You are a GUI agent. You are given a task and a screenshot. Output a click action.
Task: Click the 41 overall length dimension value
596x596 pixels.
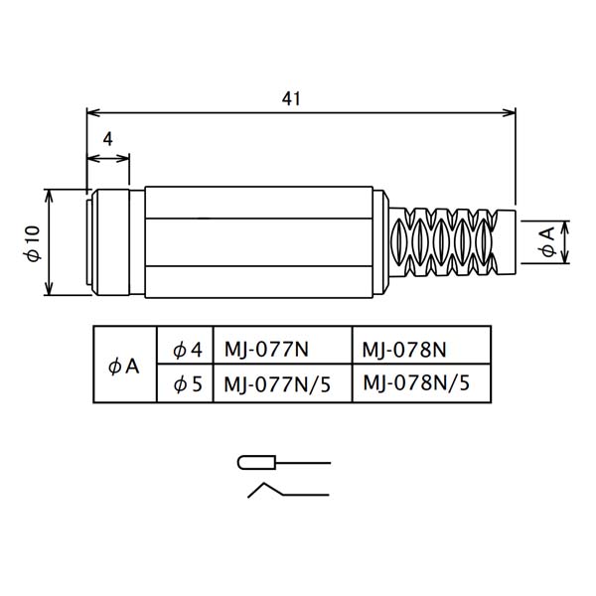pyautogui.click(x=291, y=98)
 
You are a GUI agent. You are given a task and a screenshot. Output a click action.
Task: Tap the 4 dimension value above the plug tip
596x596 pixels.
pyautogui.click(x=108, y=139)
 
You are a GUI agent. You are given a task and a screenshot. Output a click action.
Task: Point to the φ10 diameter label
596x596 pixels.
pyautogui.click(x=34, y=243)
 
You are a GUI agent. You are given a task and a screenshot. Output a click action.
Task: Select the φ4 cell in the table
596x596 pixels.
pyautogui.click(x=185, y=345)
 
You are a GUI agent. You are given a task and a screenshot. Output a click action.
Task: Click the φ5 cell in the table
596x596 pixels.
pyautogui.click(x=185, y=383)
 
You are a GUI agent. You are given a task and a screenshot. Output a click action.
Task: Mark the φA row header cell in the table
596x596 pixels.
pyautogui.click(x=125, y=365)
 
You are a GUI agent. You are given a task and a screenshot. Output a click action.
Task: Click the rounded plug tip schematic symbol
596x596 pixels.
pyautogui.click(x=256, y=462)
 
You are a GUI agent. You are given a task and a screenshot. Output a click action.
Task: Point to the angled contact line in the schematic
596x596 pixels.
pyautogui.click(x=288, y=491)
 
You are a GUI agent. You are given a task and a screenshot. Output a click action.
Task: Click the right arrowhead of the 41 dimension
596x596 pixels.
pyautogui.click(x=509, y=112)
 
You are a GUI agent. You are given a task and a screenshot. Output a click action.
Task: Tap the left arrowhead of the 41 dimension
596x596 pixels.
pyautogui.click(x=94, y=112)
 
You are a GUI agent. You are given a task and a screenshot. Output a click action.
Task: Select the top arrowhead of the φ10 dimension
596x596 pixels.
pyautogui.click(x=49, y=196)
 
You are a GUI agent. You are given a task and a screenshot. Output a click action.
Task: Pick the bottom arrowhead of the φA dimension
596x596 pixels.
pyautogui.click(x=565, y=256)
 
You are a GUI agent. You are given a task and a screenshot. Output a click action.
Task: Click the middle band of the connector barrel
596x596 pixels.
pyautogui.click(x=259, y=242)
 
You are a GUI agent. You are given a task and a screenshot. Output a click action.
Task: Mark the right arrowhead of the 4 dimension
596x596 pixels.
pyautogui.click(x=122, y=158)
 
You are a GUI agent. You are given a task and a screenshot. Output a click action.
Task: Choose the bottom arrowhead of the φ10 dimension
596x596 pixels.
pyautogui.click(x=49, y=288)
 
